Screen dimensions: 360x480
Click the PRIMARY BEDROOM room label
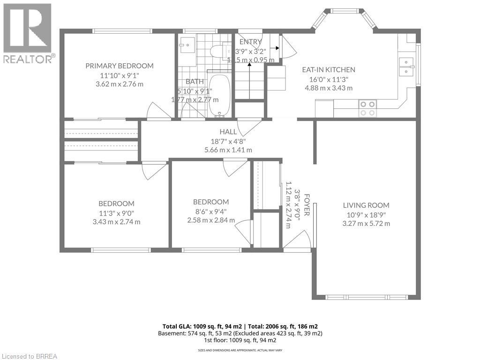(x=119, y=66)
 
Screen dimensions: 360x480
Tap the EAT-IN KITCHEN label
(x=328, y=70)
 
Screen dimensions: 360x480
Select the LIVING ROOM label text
(x=366, y=205)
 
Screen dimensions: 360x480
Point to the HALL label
(x=228, y=132)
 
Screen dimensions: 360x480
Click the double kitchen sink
(x=406, y=66)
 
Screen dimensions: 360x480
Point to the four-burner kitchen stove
(x=367, y=108)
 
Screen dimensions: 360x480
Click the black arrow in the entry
(x=276, y=48)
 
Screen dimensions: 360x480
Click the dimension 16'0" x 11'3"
(x=328, y=79)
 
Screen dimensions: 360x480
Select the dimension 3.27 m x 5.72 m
(x=367, y=224)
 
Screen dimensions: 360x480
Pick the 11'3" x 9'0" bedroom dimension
(x=116, y=213)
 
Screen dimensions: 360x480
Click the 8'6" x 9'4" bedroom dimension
(x=211, y=211)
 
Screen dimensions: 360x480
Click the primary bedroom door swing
(x=158, y=112)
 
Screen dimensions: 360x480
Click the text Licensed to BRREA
(x=29, y=356)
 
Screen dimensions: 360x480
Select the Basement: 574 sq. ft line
(x=240, y=333)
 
